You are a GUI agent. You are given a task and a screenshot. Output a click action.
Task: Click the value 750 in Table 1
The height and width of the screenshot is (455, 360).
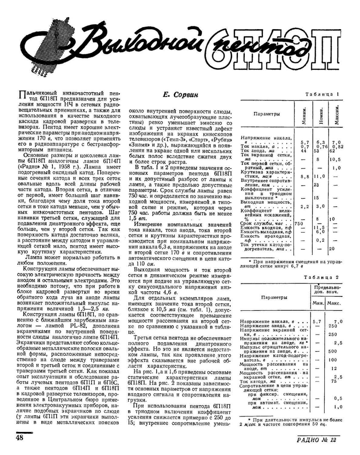pos(299,223)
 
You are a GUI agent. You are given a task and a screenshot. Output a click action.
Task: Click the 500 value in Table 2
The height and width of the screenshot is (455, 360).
pos(333,351)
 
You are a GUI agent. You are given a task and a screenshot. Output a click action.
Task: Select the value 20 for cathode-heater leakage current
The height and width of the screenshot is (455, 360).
pos(333,248)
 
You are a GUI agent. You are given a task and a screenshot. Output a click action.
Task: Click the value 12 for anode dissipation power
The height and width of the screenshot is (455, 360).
pos(334,368)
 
